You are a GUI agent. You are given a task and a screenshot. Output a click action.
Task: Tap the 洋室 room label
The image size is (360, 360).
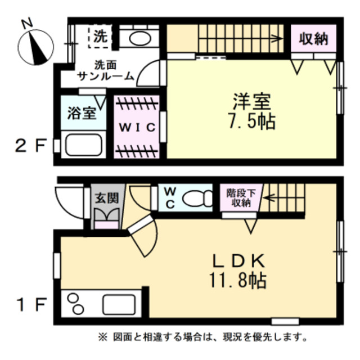point(253,102)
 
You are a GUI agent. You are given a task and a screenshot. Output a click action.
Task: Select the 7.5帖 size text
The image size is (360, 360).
point(253,121)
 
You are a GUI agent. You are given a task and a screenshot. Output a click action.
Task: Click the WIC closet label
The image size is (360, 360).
point(136,127)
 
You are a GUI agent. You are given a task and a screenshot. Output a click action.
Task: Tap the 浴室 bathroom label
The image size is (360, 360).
point(82,113)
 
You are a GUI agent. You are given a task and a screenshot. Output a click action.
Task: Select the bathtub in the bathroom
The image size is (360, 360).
point(82,146)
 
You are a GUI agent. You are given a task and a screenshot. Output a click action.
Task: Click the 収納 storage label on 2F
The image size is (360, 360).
point(314,39)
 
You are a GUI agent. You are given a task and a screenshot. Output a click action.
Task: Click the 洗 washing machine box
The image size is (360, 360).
point(100,38)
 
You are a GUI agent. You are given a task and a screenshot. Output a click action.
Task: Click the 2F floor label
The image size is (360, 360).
point(30,147)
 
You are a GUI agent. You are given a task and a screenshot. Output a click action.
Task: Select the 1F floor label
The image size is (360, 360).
point(30,305)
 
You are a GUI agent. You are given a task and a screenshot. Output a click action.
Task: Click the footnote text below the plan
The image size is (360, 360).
point(203,338)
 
